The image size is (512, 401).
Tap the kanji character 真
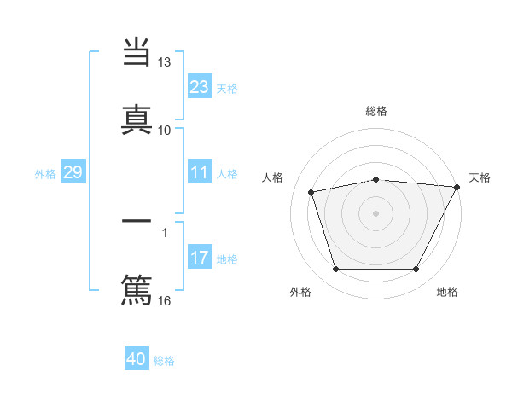[137, 117]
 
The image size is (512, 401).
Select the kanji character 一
[137, 221]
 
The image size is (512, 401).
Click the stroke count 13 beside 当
[165, 63]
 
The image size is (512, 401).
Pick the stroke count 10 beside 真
[165, 130]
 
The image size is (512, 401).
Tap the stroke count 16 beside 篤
[165, 299]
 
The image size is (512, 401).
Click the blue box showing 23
[200, 87]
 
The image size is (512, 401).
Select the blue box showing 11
[200, 173]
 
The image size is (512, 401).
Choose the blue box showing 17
[200, 259]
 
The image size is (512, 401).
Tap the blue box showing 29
[73, 173]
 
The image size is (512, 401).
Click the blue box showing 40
[137, 359]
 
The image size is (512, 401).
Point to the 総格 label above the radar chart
[376, 111]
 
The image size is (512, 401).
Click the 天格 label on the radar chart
[480, 177]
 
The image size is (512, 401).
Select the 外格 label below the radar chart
[300, 292]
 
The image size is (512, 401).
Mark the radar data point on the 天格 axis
[457, 187]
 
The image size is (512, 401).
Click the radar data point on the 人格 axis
[311, 192]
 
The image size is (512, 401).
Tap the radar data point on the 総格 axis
[376, 179]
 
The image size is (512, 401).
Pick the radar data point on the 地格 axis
[416, 270]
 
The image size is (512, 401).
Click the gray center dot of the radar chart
[376, 212]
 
